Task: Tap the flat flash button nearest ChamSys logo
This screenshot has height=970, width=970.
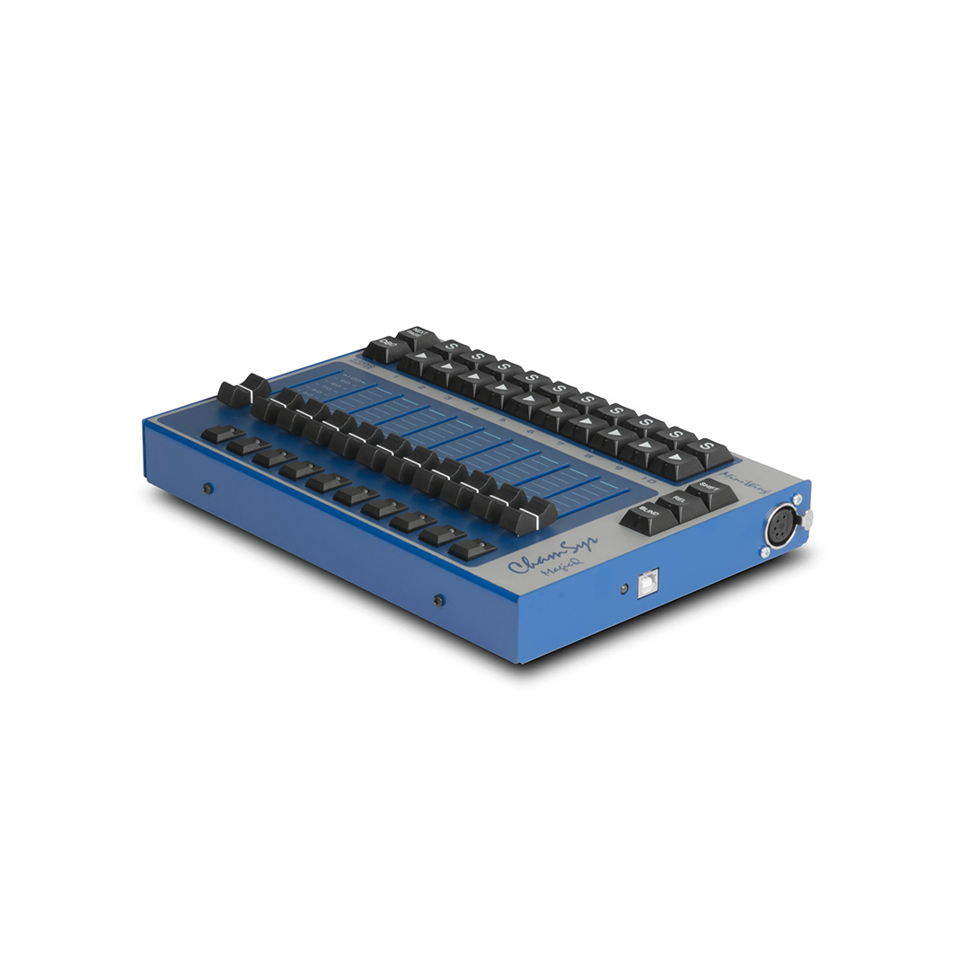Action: [472, 548]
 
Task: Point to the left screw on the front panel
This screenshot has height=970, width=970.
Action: [207, 488]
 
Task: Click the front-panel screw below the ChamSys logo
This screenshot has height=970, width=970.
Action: [439, 599]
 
